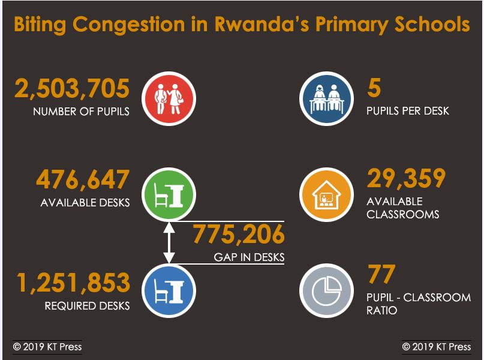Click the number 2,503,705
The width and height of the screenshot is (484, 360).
72,89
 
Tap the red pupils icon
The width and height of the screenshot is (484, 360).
169,98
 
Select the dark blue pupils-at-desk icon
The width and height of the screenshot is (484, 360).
326,98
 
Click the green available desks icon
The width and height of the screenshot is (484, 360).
169,194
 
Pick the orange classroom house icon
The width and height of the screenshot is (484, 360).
326,194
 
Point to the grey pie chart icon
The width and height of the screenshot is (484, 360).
326,290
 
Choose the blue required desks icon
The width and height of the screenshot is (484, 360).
169,290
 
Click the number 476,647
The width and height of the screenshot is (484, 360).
83,180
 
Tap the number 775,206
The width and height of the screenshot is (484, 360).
238,234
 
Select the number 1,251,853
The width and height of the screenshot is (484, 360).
73,283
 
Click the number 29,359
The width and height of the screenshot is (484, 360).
406,178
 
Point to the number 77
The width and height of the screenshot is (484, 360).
381,275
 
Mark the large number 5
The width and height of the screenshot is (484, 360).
374,89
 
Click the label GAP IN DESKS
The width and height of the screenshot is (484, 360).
249,257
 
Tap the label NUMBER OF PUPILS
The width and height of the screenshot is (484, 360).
81,112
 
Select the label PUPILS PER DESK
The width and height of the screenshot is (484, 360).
407,111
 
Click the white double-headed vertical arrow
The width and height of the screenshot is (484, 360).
169,242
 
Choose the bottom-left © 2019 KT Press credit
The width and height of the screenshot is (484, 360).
47,347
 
